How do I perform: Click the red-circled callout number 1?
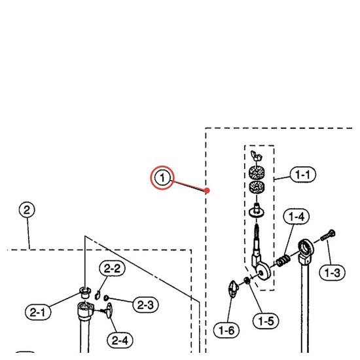[162, 177]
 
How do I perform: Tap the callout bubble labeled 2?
[27, 210]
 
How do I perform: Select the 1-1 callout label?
[303, 175]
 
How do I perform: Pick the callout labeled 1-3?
[332, 273]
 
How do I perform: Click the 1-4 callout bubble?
[296, 217]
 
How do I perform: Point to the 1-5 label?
[266, 321]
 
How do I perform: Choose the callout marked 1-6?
[226, 331]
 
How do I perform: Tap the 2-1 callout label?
[38, 312]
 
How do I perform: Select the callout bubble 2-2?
[112, 268]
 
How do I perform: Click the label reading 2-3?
[145, 304]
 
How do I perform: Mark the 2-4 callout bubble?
[120, 340]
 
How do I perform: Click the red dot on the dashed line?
[207, 190]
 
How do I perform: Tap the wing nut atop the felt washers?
[257, 156]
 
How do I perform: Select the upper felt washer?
[257, 172]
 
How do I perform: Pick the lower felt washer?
[257, 187]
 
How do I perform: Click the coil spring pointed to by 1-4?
[283, 261]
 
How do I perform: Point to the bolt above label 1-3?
[328, 235]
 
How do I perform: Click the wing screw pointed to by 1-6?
[233, 289]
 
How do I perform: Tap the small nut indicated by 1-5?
[247, 280]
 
